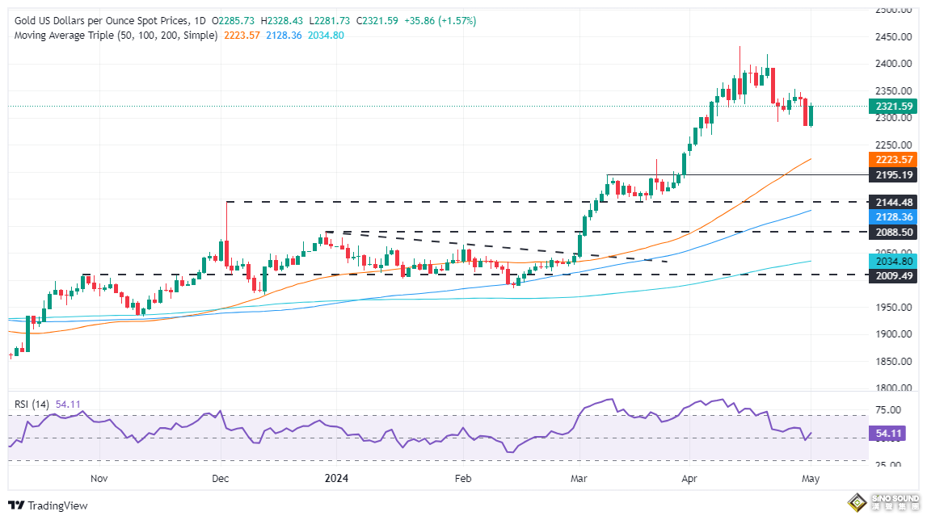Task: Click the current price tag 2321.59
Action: click(x=893, y=106)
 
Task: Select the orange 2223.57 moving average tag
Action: click(x=893, y=159)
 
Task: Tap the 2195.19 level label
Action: click(x=893, y=174)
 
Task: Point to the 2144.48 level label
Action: click(x=893, y=202)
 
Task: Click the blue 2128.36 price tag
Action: click(x=893, y=216)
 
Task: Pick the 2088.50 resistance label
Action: click(x=893, y=232)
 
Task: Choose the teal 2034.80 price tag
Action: click(x=893, y=261)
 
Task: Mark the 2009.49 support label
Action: click(x=893, y=275)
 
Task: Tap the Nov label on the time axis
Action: click(x=99, y=478)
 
